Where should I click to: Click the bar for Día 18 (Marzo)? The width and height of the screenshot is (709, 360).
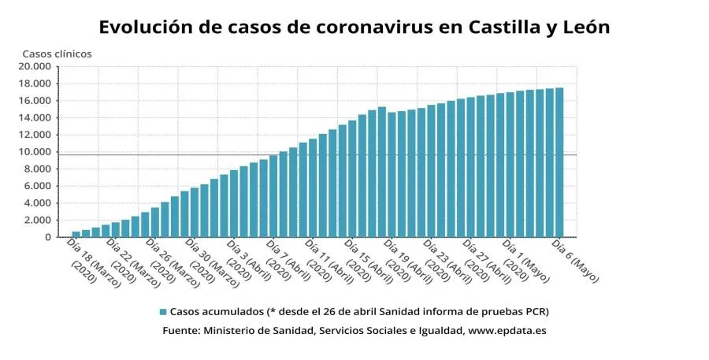[x=76, y=234]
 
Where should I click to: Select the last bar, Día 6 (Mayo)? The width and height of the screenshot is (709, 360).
[x=559, y=162]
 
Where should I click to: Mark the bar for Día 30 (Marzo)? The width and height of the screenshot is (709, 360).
[x=195, y=213]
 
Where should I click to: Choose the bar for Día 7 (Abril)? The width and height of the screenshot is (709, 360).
[x=273, y=196]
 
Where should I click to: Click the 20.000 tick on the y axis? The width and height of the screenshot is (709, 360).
[x=35, y=67]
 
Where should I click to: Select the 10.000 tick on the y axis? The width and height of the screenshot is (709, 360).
[x=35, y=152]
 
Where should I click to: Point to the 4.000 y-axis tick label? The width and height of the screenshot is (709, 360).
[x=38, y=203]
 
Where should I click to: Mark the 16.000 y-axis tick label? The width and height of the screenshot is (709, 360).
[x=35, y=101]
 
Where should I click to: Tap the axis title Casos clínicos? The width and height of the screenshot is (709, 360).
[x=57, y=54]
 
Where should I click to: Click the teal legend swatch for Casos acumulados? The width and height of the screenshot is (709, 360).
[x=163, y=311]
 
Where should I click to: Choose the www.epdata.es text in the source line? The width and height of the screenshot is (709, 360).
[x=507, y=331]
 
